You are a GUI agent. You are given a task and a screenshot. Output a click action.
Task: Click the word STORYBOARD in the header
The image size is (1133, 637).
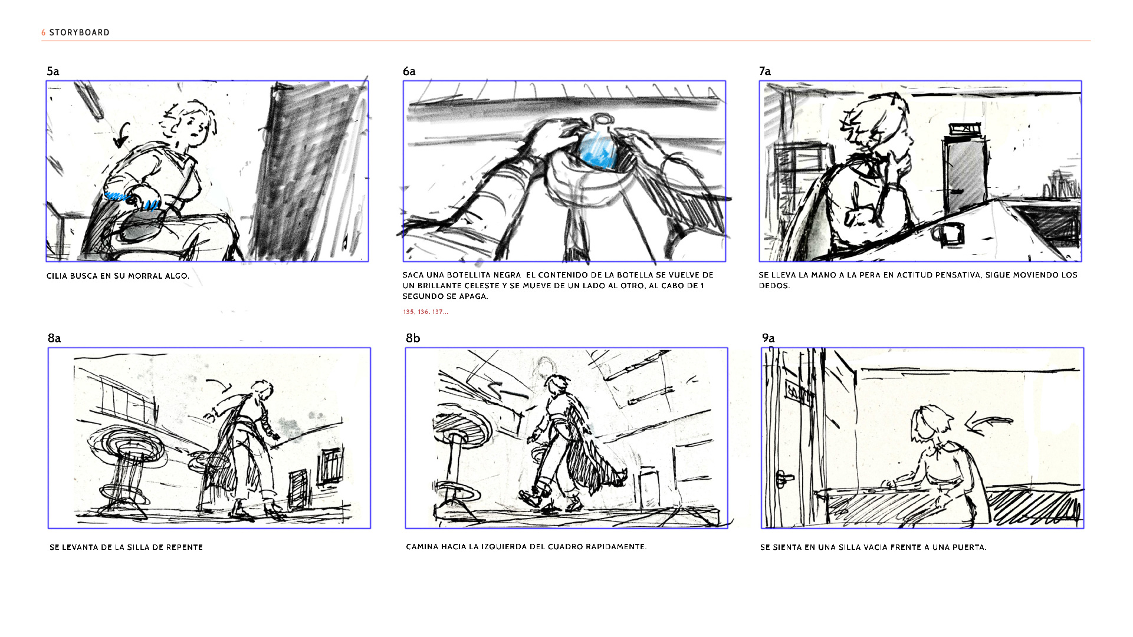tap(79, 32)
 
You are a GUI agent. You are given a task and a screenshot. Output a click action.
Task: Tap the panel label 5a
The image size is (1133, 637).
tap(53, 71)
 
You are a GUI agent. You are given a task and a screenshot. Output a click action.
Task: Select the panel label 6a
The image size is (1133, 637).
tap(409, 71)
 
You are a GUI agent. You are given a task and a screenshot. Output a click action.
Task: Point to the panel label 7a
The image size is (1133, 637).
tap(765, 71)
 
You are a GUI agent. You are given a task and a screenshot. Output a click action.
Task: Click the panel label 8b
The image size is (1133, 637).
tap(413, 338)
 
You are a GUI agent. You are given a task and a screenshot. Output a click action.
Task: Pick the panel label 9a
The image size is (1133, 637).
tap(768, 338)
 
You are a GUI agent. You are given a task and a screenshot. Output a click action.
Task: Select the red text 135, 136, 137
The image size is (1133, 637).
tap(426, 312)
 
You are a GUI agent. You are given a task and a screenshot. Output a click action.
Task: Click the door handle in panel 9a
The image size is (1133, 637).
tap(784, 478)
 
